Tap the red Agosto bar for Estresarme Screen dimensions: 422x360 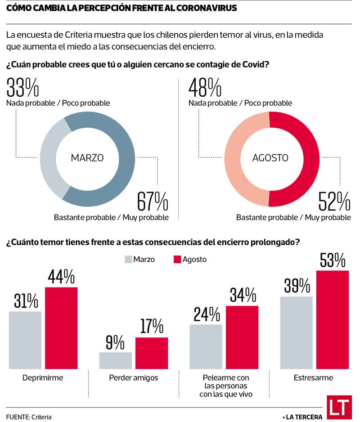[x=333, y=319]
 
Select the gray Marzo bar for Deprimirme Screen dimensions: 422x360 [x=25, y=340]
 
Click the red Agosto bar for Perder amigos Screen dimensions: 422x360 [x=152, y=353]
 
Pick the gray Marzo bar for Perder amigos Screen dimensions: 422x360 [x=116, y=360]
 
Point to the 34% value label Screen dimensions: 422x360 [x=243, y=295]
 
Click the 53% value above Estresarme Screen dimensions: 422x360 [x=333, y=260]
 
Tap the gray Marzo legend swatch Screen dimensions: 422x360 [x=128, y=260]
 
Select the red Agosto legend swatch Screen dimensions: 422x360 [x=177, y=260]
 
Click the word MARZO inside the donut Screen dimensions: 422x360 [x=87, y=158]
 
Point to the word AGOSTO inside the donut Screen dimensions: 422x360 [x=270, y=158]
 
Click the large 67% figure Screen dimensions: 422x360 [x=153, y=201]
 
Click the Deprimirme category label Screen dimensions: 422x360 [x=43, y=378]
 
